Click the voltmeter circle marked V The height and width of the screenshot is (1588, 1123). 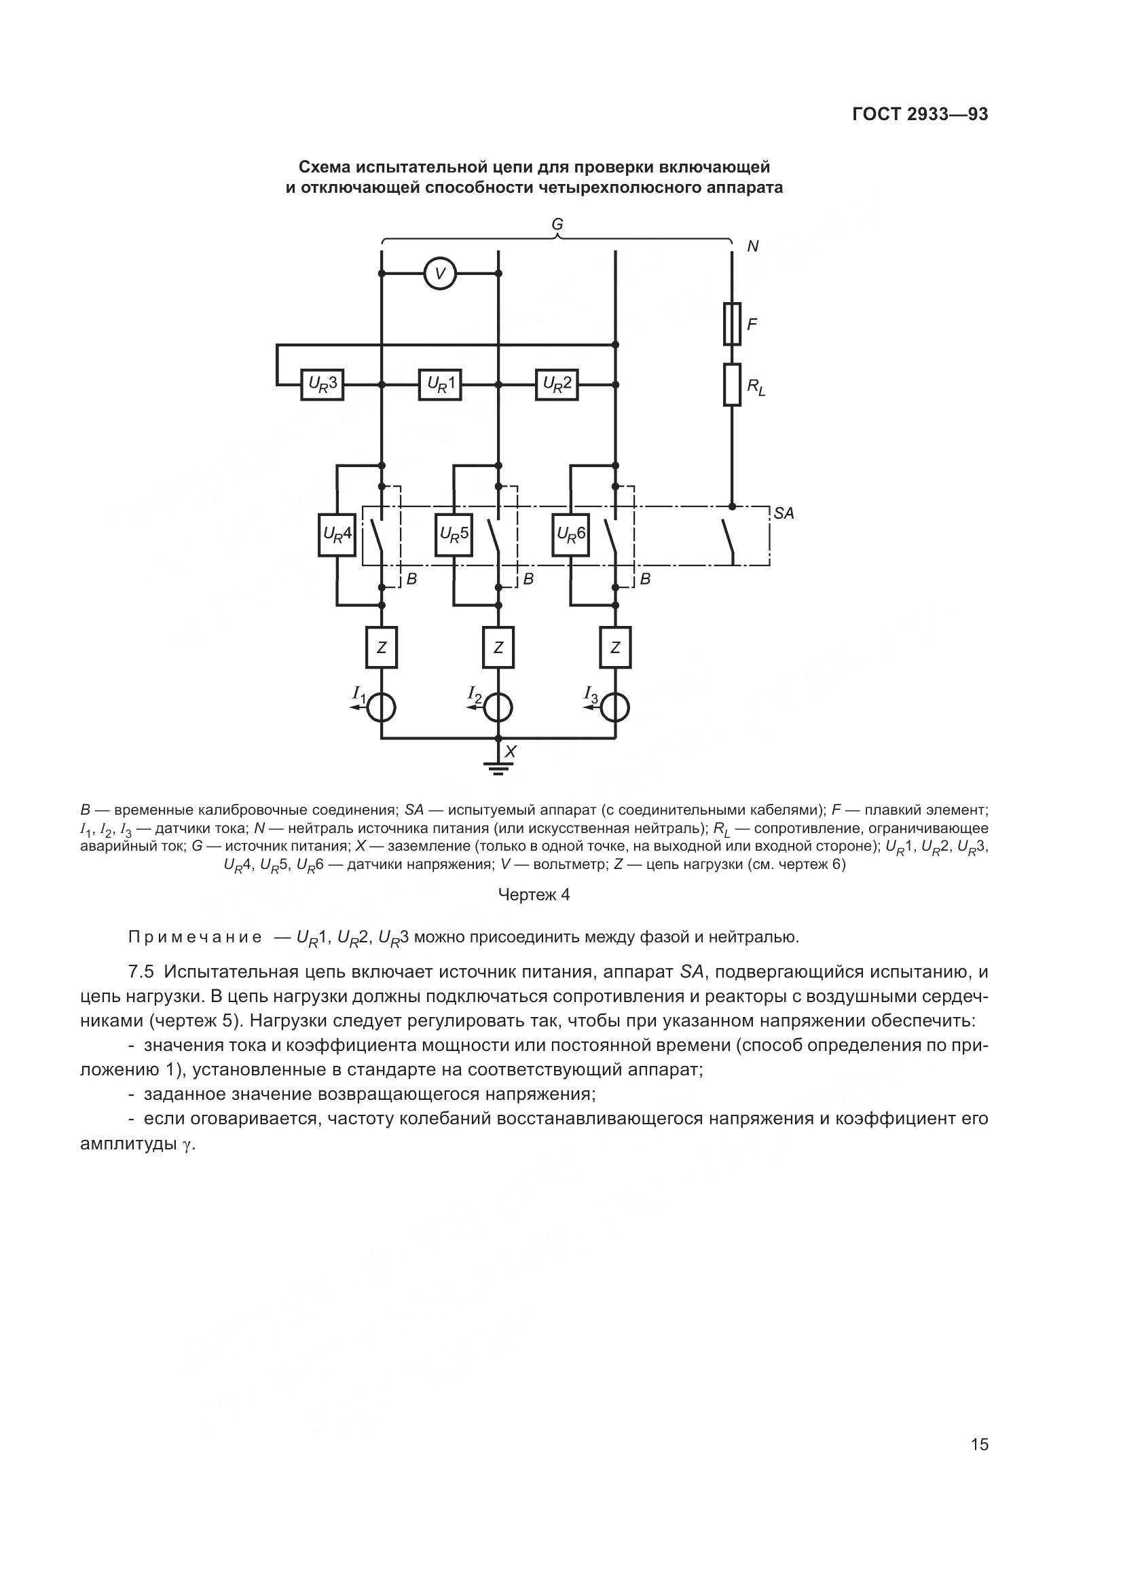(440, 273)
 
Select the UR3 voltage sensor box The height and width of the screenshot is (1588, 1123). (323, 384)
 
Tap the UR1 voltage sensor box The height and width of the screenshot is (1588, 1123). (440, 384)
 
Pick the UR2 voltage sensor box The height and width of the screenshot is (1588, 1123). (557, 384)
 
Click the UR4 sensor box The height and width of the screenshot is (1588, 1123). (337, 534)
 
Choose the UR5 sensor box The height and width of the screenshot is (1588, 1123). (454, 534)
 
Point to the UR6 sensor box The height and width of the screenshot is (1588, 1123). (570, 534)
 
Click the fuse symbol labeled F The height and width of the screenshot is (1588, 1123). (733, 324)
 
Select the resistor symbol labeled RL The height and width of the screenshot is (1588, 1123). (733, 384)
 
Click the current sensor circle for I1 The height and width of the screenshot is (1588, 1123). (381, 707)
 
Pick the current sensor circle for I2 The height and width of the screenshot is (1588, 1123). (498, 707)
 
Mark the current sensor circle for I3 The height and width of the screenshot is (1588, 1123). (614, 707)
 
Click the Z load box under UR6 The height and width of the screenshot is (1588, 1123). (614, 648)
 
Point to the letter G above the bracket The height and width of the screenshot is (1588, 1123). (557, 224)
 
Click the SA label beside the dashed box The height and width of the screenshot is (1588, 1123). (784, 514)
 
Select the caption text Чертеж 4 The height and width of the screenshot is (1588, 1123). (534, 895)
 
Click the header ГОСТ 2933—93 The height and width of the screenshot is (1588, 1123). (920, 115)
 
